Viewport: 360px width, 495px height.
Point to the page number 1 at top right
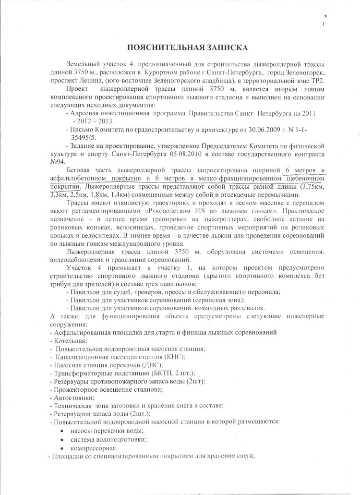(323, 24)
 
